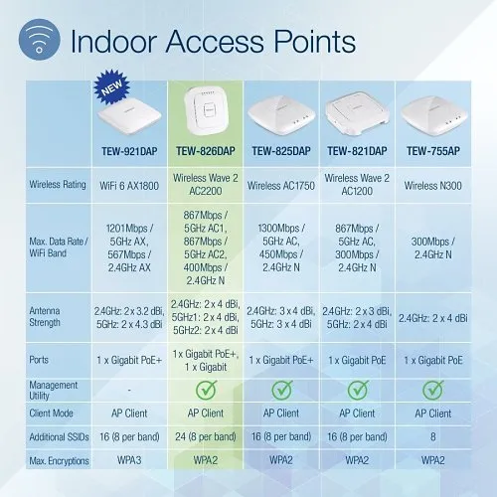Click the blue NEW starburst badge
(110, 90)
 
